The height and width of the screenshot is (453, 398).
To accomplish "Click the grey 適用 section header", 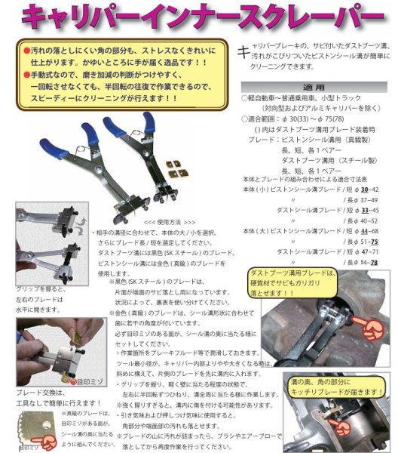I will [x=315, y=88].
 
